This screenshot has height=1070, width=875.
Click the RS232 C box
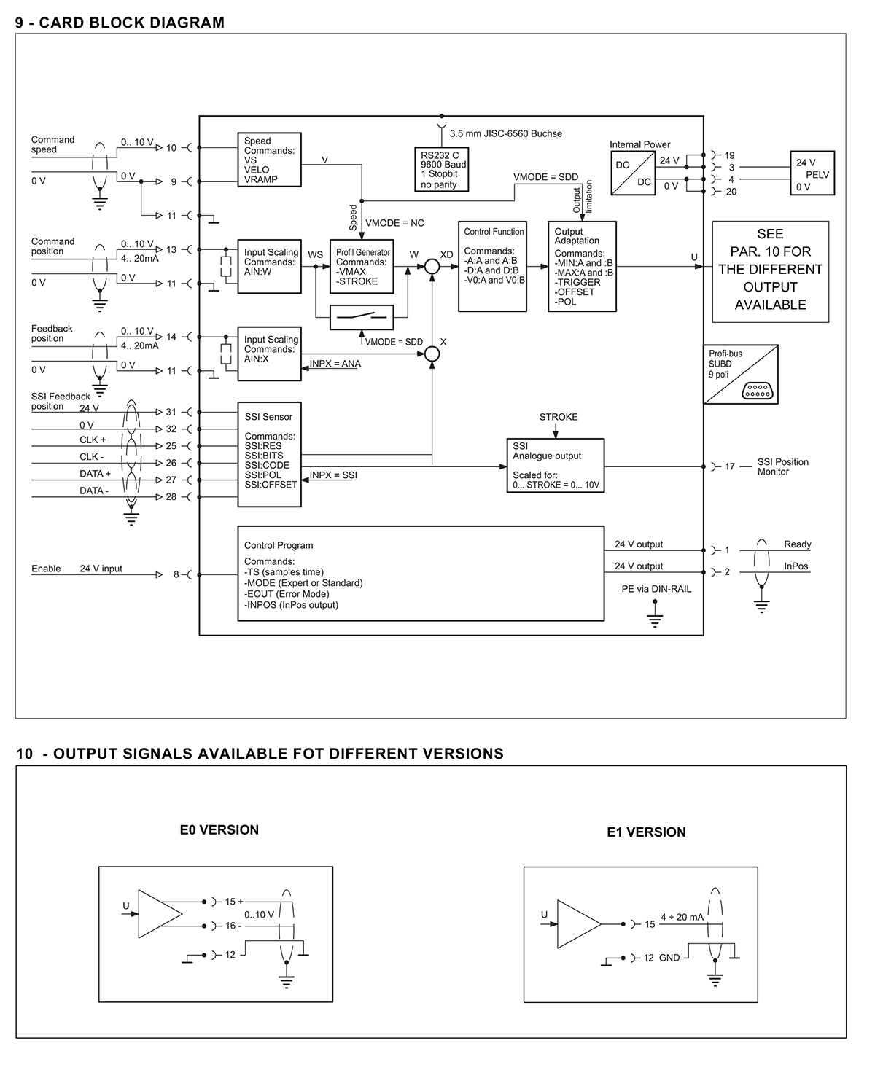441,169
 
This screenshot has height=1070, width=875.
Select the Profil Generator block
362,266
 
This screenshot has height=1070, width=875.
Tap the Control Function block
492,266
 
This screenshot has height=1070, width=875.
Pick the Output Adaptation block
582,266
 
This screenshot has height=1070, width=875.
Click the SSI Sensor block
270,455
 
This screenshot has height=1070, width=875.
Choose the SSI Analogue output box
555,465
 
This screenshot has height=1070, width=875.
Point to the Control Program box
421,574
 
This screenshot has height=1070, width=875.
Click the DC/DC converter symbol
633,173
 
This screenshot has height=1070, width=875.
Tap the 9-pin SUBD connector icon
758,391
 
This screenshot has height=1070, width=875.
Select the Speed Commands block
270,160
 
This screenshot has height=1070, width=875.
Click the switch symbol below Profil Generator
362,318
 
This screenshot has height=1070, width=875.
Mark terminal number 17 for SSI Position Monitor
730,466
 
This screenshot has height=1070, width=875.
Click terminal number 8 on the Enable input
176,574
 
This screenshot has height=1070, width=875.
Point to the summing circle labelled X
432,354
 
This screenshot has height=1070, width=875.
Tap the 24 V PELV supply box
812,173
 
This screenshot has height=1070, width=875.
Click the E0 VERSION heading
219,830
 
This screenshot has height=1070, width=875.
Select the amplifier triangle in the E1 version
579,924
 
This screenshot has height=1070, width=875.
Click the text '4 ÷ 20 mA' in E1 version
682,917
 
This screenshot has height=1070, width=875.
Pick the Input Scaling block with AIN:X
270,354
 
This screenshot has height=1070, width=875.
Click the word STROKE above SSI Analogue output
559,417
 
